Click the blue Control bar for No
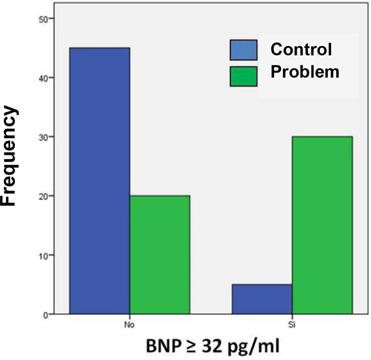point(99,181)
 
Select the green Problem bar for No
point(160,254)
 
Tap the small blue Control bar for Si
point(262,299)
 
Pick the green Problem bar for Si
point(322,225)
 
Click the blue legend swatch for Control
point(243,50)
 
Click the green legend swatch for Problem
point(243,76)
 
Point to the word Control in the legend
point(301,49)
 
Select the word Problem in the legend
point(305,72)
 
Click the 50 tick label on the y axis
point(43,19)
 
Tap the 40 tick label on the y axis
point(43,78)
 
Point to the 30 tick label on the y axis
point(43,137)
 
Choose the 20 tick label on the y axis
point(43,196)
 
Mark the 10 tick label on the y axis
point(43,255)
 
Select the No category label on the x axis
point(129,324)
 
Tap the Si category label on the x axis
point(292,324)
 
